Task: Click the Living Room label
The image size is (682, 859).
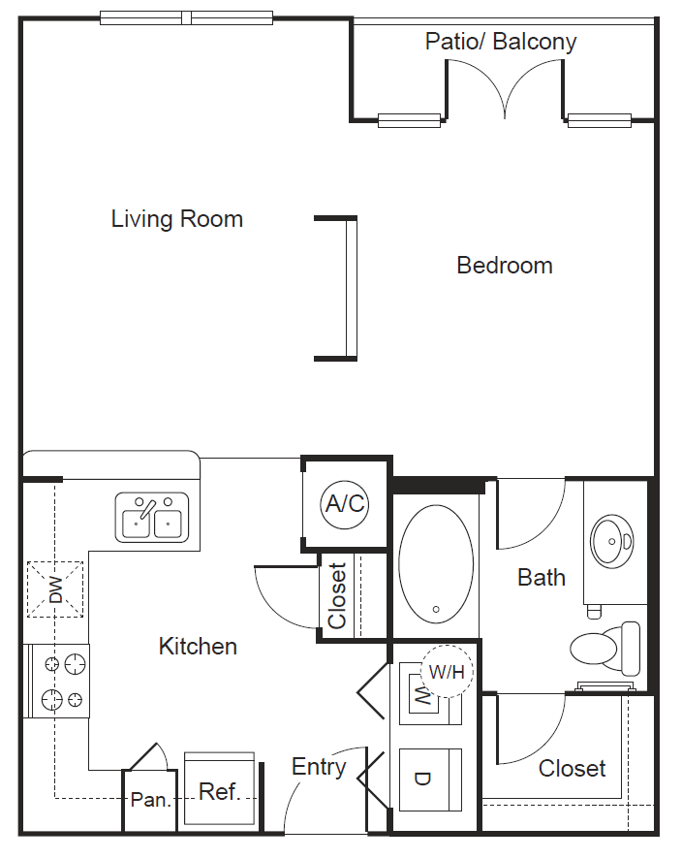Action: click(x=176, y=219)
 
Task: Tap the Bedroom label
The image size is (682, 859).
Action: click(x=504, y=266)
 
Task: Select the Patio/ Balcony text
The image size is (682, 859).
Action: click(x=501, y=42)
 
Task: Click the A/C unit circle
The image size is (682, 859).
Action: click(x=345, y=503)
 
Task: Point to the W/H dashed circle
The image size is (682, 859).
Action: click(x=447, y=671)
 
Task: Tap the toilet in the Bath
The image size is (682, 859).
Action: click(x=606, y=649)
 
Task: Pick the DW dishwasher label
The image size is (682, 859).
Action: click(x=55, y=589)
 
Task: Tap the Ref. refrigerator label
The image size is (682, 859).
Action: click(x=219, y=792)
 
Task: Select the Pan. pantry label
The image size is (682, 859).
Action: click(x=150, y=801)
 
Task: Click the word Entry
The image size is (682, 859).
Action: click(x=319, y=767)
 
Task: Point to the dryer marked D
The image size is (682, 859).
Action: click(x=430, y=779)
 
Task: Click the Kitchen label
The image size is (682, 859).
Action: click(x=198, y=647)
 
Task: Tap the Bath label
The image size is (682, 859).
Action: click(x=542, y=578)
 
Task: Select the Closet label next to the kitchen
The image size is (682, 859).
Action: click(x=337, y=595)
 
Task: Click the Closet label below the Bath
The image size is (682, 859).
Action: click(x=572, y=769)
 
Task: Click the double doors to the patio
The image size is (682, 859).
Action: click(x=504, y=91)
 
